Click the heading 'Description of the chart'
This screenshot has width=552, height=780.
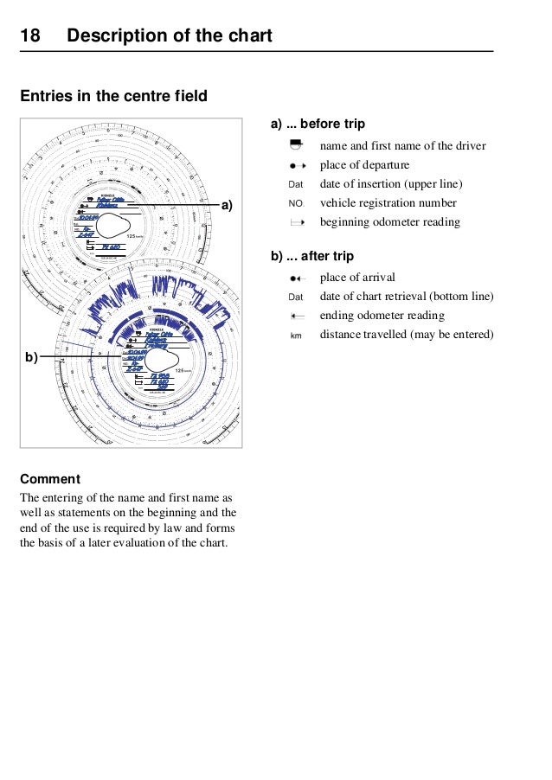(170, 36)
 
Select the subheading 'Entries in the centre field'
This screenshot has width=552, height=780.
(113, 96)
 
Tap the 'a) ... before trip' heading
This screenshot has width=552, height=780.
(318, 125)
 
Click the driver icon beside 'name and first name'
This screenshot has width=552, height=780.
(296, 145)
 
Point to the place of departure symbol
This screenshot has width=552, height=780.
(296, 165)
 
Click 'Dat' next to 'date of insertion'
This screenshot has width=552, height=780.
(296, 184)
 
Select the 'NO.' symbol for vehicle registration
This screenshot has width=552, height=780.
(296, 203)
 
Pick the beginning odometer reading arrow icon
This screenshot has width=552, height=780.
(296, 222)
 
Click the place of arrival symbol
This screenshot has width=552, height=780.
(296, 278)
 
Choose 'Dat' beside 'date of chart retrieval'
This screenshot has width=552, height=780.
(296, 297)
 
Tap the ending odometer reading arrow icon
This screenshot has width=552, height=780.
(296, 316)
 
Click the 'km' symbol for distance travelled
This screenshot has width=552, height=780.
(296, 335)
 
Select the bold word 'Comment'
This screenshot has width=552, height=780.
(50, 479)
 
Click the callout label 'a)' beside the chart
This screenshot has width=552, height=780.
(228, 205)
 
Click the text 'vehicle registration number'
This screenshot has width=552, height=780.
(388, 203)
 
